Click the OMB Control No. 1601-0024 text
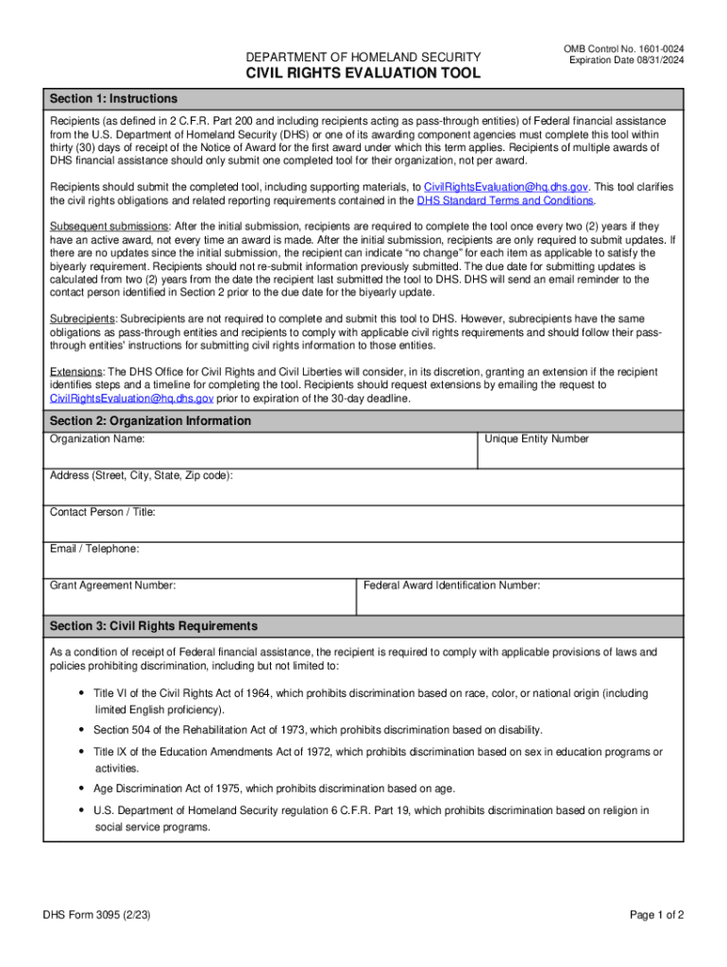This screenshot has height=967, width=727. point(624,48)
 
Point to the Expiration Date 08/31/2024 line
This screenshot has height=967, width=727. point(627,60)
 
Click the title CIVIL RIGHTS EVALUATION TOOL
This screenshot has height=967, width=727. point(363,74)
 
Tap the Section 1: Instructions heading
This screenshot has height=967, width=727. point(113,98)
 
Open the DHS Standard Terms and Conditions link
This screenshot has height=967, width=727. point(505,200)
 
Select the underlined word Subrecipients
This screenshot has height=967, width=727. point(82,318)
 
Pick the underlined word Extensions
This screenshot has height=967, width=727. point(76,372)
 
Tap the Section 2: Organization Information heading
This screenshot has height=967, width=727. point(150,420)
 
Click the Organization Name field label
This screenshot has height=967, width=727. point(97,439)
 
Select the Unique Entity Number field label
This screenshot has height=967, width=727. point(536,439)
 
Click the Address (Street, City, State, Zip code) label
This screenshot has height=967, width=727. point(141,476)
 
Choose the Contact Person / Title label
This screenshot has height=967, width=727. point(103,512)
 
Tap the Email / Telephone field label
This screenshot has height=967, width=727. point(94,549)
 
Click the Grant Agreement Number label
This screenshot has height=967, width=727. point(112,585)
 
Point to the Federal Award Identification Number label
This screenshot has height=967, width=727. point(452,585)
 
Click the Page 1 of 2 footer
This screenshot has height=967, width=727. point(656,915)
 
